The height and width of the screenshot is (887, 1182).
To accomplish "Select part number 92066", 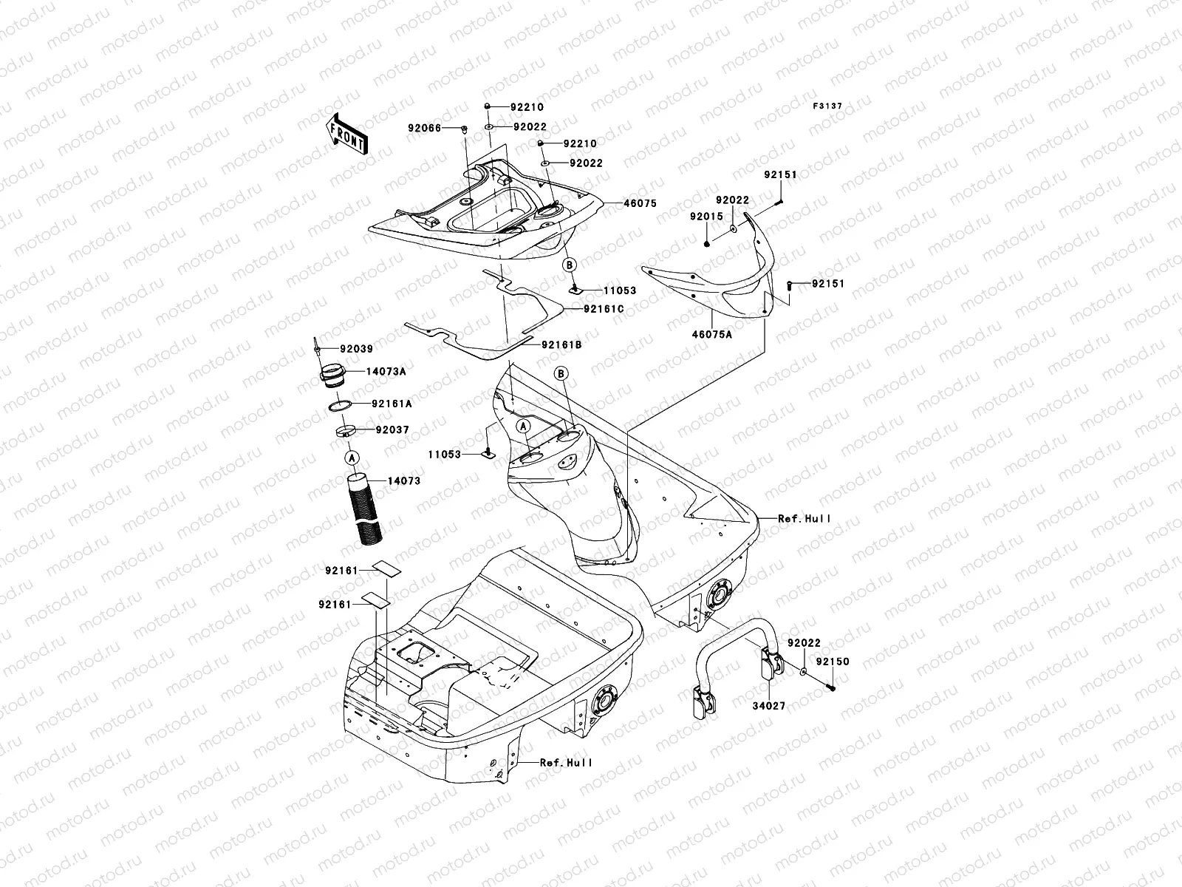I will (x=445, y=128).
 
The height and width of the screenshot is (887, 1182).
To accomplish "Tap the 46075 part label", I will (x=640, y=203).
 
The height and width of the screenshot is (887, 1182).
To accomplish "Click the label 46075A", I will (x=711, y=335).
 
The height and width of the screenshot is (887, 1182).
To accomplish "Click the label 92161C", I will (x=604, y=309).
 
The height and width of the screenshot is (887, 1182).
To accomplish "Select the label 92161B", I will (x=562, y=345).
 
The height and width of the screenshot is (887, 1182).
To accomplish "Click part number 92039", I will (x=356, y=349).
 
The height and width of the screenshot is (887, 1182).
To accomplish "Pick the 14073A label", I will (x=386, y=372).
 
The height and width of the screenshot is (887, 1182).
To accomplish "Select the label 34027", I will (x=769, y=706).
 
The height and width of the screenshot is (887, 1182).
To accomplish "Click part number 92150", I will (x=833, y=662).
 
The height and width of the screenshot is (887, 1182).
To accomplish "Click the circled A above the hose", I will (x=352, y=458).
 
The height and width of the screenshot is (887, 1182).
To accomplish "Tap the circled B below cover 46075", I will (x=569, y=264).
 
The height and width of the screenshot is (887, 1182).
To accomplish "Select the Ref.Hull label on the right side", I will (x=804, y=519).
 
